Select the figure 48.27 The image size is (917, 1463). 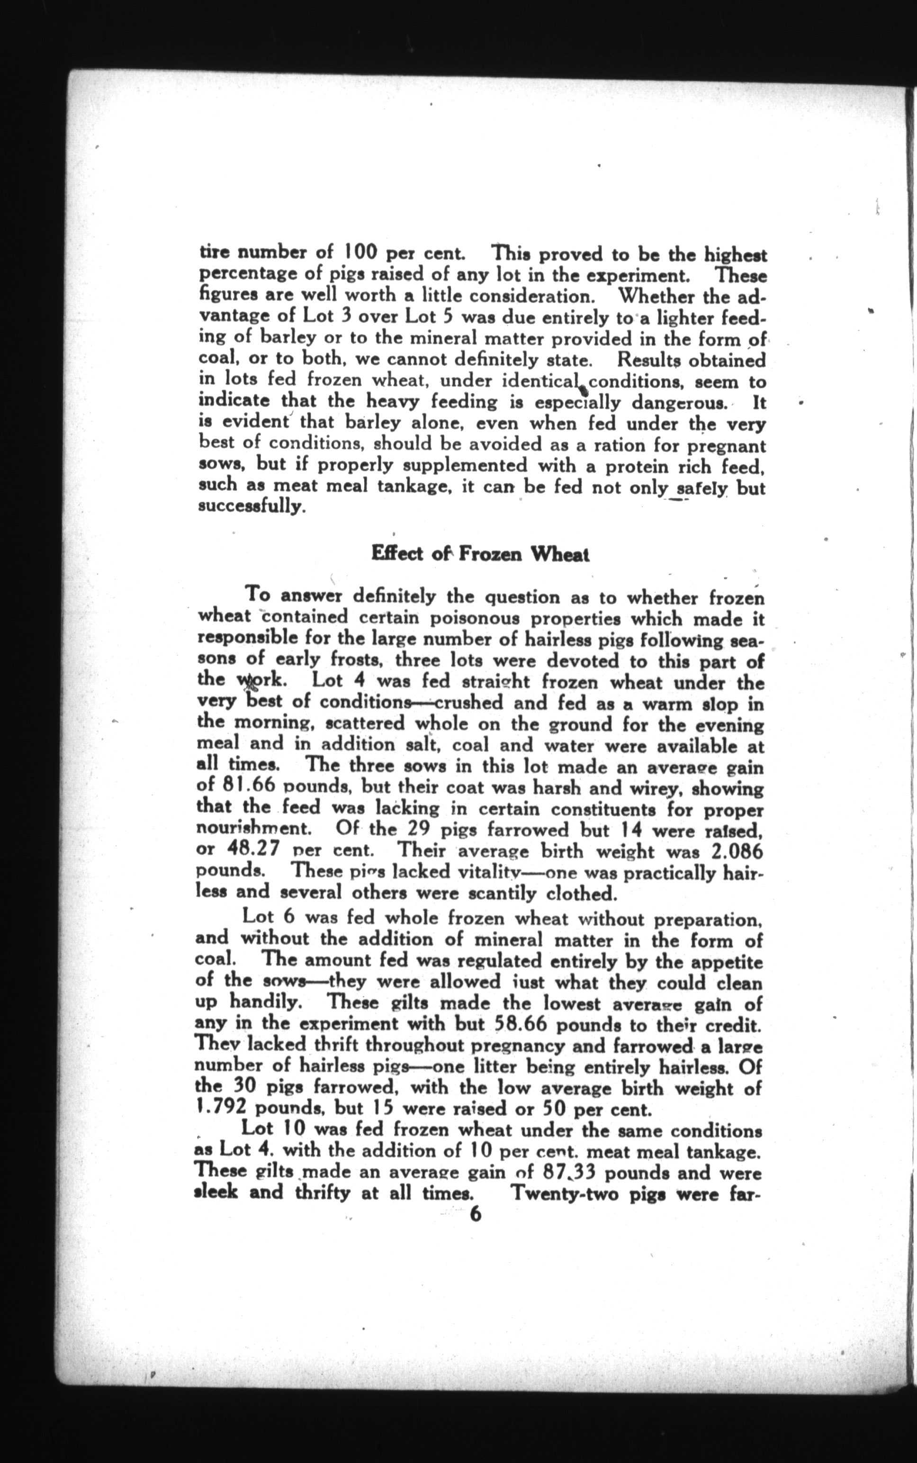click(247, 850)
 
